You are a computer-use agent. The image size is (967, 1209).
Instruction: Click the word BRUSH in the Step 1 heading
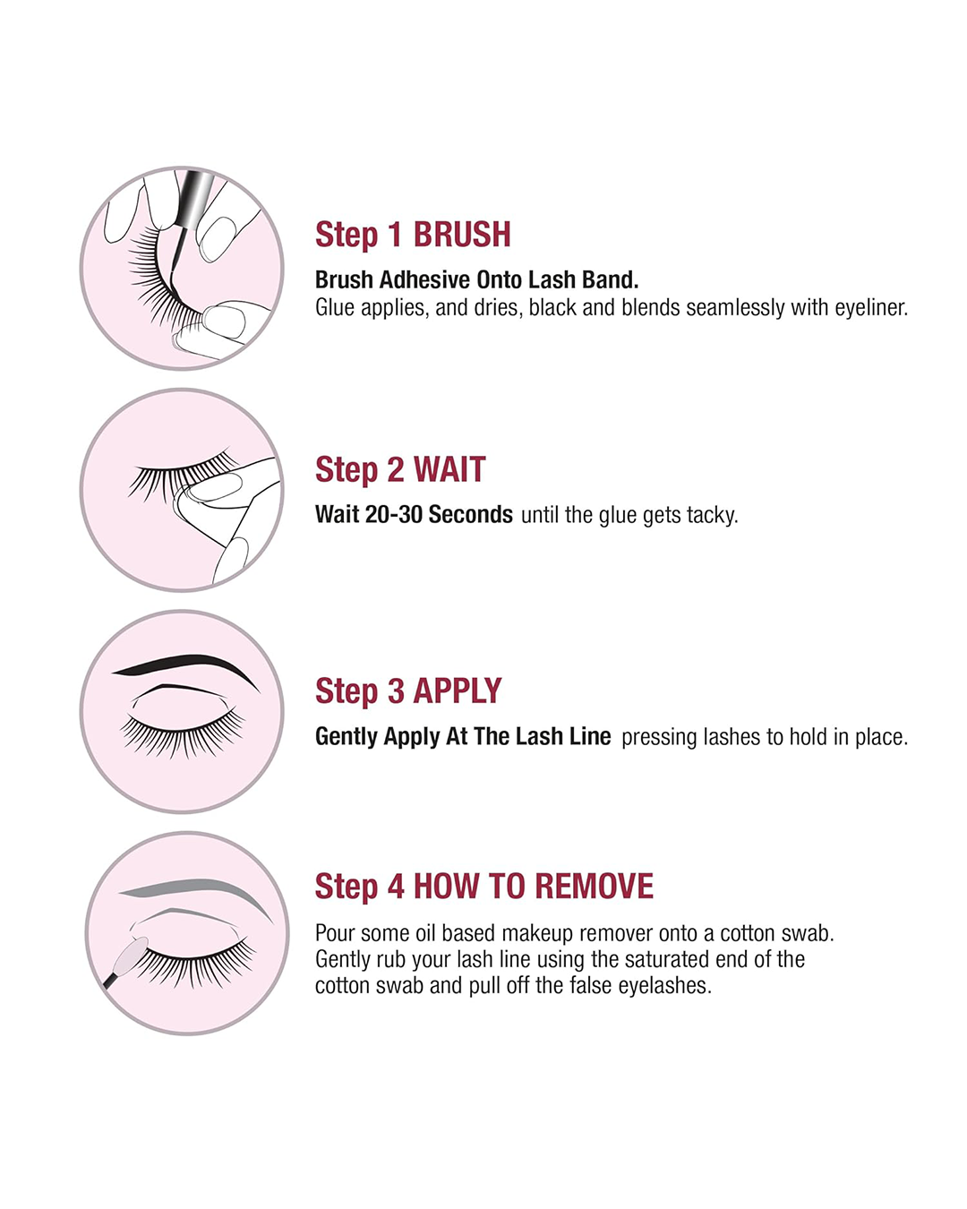(x=461, y=235)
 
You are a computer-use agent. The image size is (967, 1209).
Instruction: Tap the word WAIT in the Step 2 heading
(x=449, y=469)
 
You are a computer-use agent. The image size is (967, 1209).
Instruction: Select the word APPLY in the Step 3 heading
(x=457, y=690)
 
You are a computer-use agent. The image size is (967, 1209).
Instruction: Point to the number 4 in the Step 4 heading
(x=396, y=886)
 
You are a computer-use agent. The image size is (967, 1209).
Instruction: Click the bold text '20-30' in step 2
(x=393, y=514)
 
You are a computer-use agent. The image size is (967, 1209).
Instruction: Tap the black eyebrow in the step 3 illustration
(x=185, y=665)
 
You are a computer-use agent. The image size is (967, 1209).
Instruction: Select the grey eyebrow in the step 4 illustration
(x=194, y=889)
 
